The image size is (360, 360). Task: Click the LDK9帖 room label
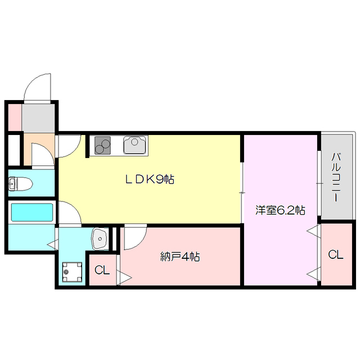click(149, 180)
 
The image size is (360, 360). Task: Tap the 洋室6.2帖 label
click(280, 210)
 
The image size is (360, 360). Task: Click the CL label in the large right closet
click(336, 255)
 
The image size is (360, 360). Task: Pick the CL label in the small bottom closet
click(101, 271)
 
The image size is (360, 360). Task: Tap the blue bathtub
click(32, 213)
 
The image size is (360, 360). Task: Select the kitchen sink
click(136, 146)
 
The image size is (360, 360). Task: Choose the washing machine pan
click(70, 272)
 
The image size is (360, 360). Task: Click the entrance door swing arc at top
click(38, 87)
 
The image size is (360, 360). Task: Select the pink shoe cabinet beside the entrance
click(13, 116)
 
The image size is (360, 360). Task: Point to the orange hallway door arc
click(40, 154)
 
